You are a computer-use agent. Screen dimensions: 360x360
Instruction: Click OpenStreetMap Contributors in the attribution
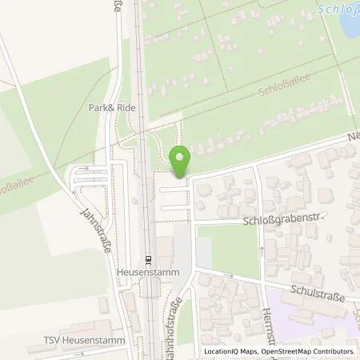(x=306, y=351)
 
